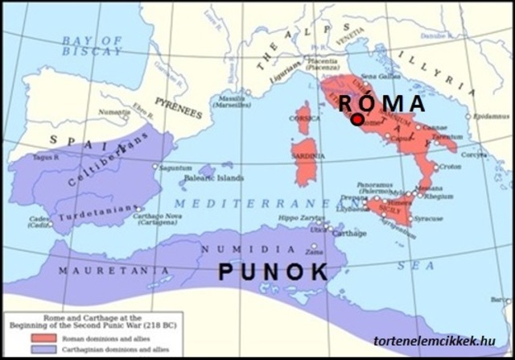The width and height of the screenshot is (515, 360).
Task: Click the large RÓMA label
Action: point(381,104)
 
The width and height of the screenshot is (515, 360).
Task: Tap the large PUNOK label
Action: point(274,272)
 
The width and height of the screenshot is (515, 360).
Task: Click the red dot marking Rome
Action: point(357,118)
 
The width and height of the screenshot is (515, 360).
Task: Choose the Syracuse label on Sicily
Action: point(430,218)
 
